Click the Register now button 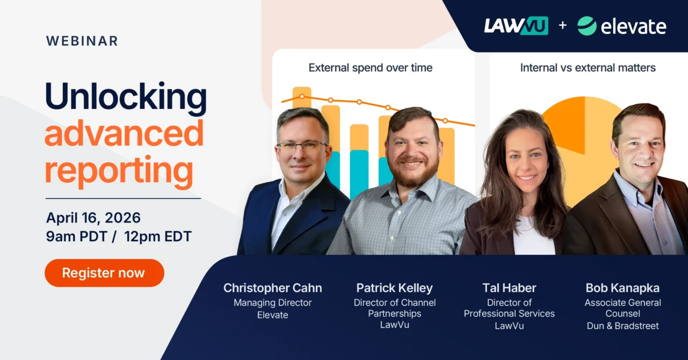click(104, 273)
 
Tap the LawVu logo click(515, 26)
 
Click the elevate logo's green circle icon click(586, 26)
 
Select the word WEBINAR click(82, 41)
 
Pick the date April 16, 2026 click(93, 218)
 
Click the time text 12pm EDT click(158, 236)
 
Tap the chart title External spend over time click(370, 68)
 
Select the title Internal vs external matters click(587, 68)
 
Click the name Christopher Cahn click(273, 288)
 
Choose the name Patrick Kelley click(394, 288)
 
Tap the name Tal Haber click(509, 288)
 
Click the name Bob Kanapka click(622, 288)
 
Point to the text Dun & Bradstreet click(622, 326)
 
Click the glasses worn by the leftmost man click(301, 146)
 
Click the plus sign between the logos click(562, 25)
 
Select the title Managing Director click(273, 303)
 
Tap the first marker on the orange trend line click(302, 97)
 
